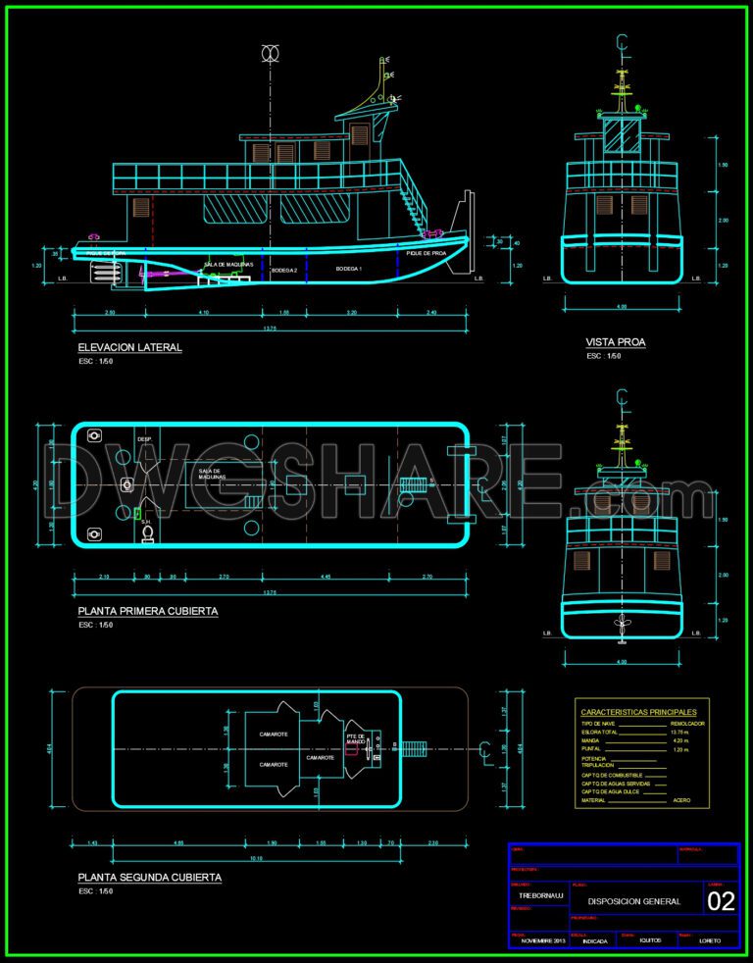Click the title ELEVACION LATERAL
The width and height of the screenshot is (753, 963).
click(x=129, y=347)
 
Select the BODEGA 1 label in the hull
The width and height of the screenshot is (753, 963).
click(x=349, y=268)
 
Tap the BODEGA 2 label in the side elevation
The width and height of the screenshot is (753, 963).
click(x=283, y=269)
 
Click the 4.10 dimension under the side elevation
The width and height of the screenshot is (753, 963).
click(x=203, y=312)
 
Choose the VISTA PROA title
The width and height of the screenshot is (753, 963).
click(x=615, y=342)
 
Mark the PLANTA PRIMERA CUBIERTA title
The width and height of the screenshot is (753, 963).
click(x=147, y=611)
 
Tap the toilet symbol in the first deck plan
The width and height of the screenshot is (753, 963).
click(x=147, y=532)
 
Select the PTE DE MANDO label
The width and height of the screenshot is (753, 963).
click(x=356, y=739)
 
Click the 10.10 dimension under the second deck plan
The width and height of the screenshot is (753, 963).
click(x=255, y=858)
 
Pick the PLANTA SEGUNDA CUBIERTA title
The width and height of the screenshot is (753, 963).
click(x=149, y=878)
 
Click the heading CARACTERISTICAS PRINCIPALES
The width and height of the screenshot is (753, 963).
click(x=638, y=712)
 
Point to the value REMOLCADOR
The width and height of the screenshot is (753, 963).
click(x=687, y=724)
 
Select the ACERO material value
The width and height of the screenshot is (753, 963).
click(x=681, y=800)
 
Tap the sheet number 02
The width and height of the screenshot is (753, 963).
click(x=721, y=902)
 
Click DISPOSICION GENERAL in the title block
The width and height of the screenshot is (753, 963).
click(x=634, y=901)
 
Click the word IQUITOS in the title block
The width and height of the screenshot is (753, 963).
click(x=649, y=940)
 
